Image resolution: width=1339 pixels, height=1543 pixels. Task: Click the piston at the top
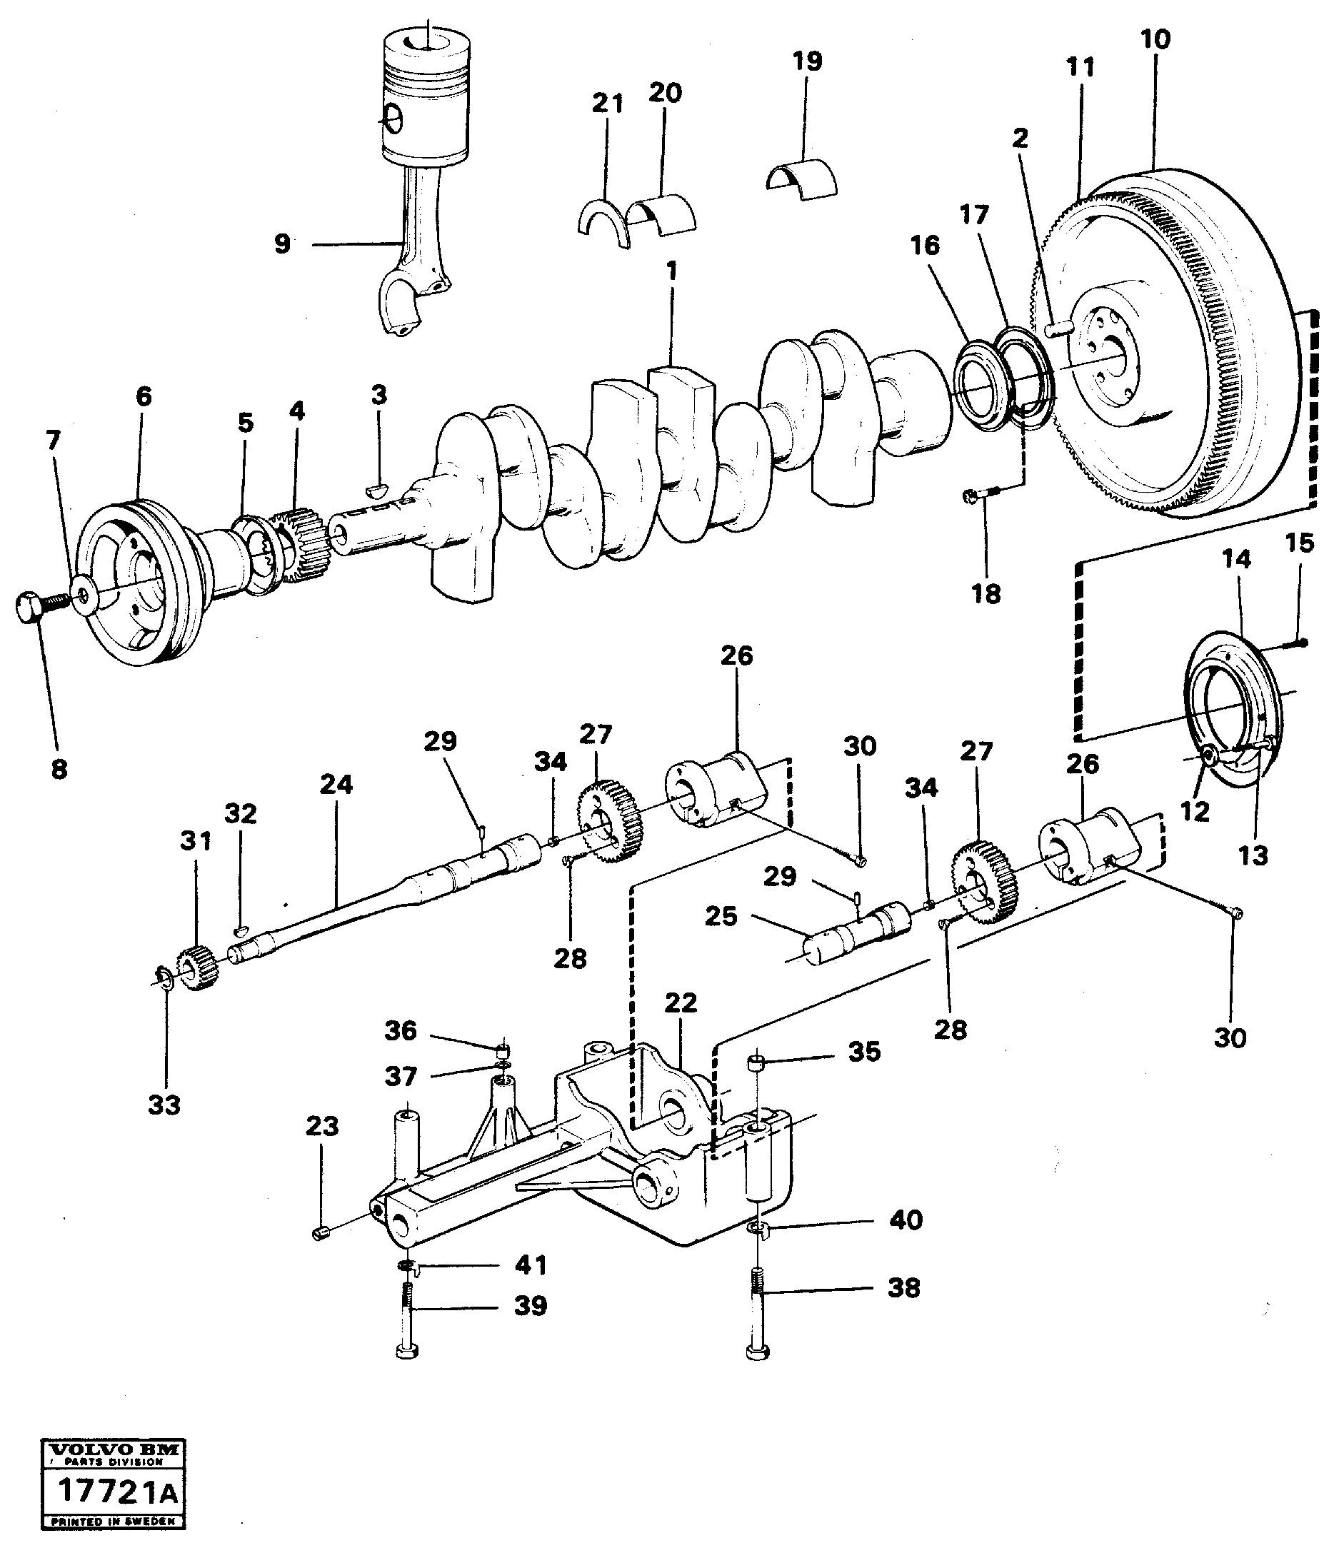pyautogui.click(x=427, y=97)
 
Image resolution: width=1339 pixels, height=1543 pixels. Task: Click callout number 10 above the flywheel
pyautogui.click(x=1155, y=39)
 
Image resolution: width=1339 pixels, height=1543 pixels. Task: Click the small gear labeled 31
pyautogui.click(x=196, y=969)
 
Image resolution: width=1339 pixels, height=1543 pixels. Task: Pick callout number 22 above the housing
pyautogui.click(x=681, y=1002)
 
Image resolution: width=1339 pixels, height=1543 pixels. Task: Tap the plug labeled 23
pyautogui.click(x=321, y=1234)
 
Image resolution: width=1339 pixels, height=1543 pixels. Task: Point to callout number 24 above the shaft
pyautogui.click(x=336, y=785)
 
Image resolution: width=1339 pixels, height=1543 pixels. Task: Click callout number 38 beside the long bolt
pyautogui.click(x=903, y=1287)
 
